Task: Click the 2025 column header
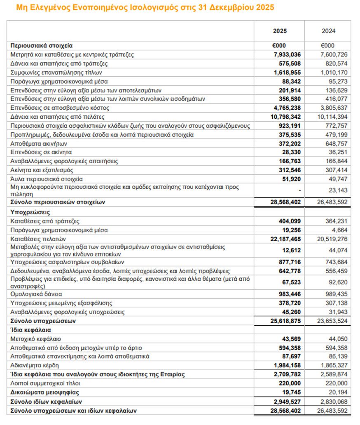pyautogui.click(x=280, y=31)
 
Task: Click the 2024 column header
pyautogui.click(x=328, y=31)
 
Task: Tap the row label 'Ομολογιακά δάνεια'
pyautogui.click(x=36, y=294)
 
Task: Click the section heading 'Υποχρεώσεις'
pyautogui.click(x=30, y=212)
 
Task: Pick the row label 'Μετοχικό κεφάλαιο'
pyautogui.click(x=36, y=339)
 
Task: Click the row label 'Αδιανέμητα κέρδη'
pyautogui.click(x=35, y=365)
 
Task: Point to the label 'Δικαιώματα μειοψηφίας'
pyautogui.click(x=45, y=392)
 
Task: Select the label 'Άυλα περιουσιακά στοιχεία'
pyautogui.click(x=47, y=179)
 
